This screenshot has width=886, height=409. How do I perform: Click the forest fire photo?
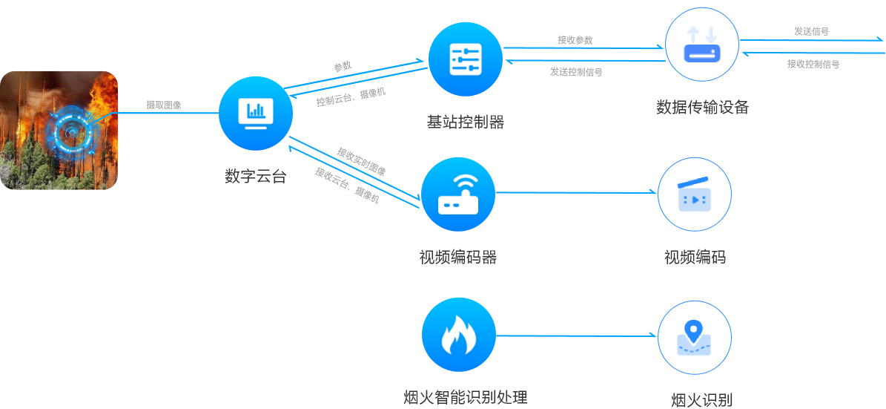tap(59, 130)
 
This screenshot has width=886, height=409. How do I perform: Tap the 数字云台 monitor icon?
tap(256, 114)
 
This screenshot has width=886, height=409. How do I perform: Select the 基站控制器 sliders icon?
tap(466, 59)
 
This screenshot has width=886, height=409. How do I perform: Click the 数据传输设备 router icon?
tap(702, 45)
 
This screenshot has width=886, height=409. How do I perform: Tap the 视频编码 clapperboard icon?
tap(695, 194)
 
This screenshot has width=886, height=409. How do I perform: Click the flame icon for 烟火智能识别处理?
tap(458, 336)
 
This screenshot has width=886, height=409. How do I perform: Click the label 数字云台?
tap(255, 177)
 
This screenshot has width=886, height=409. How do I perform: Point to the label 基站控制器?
tap(465, 122)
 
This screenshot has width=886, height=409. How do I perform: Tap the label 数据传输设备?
tap(702, 108)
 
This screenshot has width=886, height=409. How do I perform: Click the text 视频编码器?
tap(457, 258)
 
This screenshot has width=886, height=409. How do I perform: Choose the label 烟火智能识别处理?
tap(465, 397)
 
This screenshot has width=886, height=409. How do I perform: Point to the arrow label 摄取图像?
tap(162, 105)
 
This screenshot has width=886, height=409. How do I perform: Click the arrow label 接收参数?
tap(575, 39)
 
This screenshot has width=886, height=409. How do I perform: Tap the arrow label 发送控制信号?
tap(575, 72)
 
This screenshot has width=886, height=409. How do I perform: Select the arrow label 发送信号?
tap(811, 31)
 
